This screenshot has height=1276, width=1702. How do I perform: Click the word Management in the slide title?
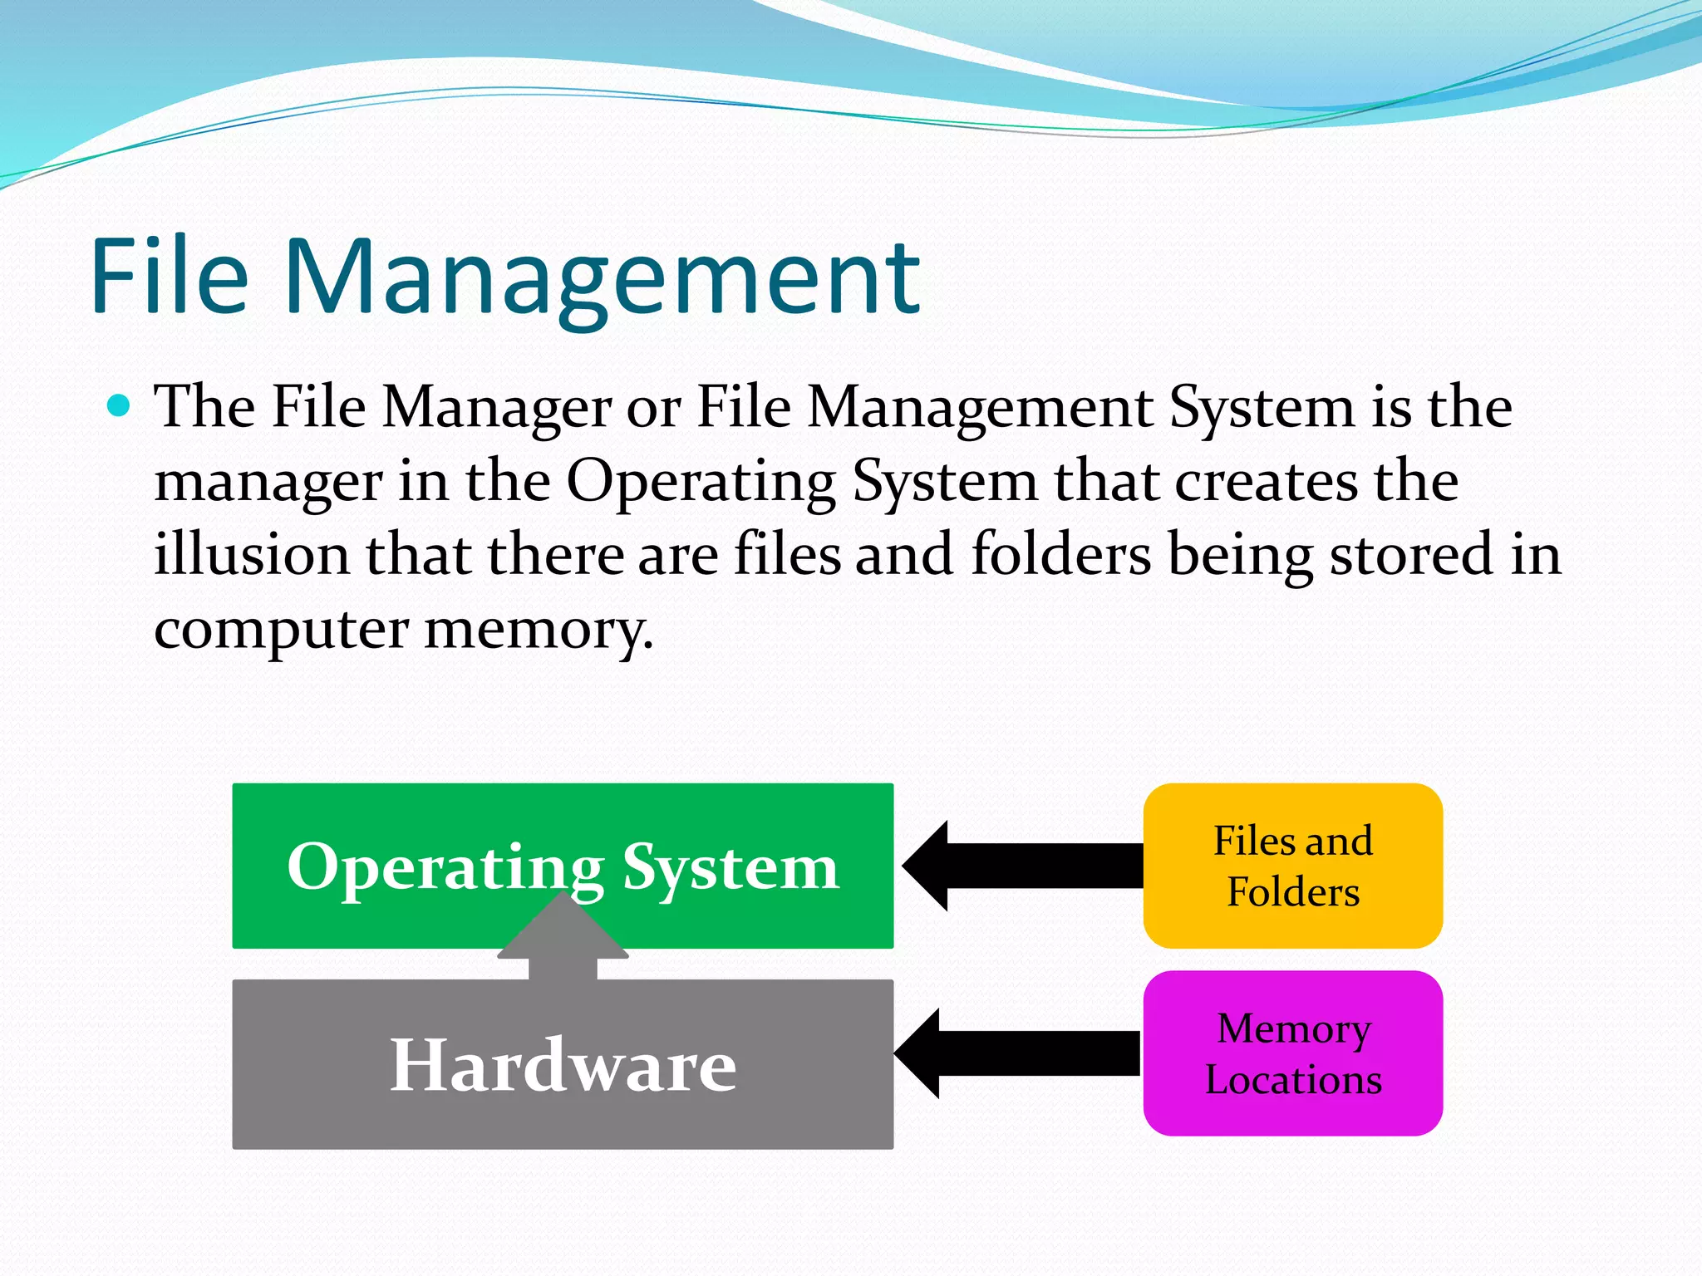tap(603, 278)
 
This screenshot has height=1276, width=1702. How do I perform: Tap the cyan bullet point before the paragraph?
tap(120, 405)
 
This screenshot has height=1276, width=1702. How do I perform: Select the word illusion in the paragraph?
tap(251, 555)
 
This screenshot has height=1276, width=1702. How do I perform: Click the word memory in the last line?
tap(538, 630)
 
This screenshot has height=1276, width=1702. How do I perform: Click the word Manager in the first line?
tap(496, 409)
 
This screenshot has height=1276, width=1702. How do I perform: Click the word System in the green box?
tap(730, 868)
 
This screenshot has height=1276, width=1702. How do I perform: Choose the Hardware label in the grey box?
tap(563, 1066)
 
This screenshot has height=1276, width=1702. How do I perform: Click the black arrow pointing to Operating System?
tap(1022, 866)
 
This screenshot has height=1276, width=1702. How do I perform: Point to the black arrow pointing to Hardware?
tap(1018, 1053)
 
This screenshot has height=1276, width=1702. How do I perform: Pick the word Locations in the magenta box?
tap(1292, 1081)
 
